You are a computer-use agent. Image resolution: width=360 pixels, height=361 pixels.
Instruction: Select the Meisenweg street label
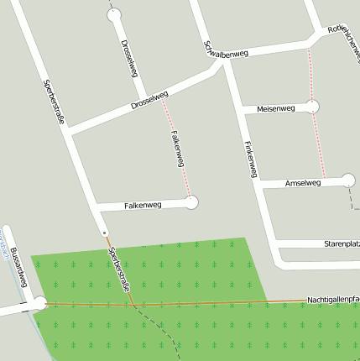(x=275, y=108)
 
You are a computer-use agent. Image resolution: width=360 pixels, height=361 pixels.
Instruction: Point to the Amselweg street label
(x=303, y=182)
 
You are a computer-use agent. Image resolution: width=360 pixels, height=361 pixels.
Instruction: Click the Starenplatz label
(x=341, y=243)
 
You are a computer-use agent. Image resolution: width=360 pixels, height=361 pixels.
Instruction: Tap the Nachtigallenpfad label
(x=332, y=299)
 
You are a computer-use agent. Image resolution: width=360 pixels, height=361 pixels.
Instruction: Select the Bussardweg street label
(x=21, y=269)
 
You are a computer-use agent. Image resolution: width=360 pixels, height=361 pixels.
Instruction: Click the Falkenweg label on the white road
(x=143, y=205)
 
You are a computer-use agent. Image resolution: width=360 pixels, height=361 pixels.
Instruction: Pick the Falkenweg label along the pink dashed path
(x=176, y=149)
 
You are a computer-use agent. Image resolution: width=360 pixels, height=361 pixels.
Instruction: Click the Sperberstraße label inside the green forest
(x=120, y=269)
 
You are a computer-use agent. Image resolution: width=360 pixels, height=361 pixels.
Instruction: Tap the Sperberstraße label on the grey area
(x=54, y=102)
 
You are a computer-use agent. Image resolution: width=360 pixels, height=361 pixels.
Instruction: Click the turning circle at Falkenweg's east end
(x=191, y=202)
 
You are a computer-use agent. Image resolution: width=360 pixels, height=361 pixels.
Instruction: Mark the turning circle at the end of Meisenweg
(x=313, y=107)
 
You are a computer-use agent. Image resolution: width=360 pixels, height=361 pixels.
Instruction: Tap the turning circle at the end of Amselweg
(x=349, y=180)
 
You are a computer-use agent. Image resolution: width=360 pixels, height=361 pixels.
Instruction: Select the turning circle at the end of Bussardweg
(x=39, y=303)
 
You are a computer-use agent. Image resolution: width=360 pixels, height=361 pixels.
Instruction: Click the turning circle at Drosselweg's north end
(x=114, y=14)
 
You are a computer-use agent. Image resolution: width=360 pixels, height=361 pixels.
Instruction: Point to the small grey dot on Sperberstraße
(x=103, y=232)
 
